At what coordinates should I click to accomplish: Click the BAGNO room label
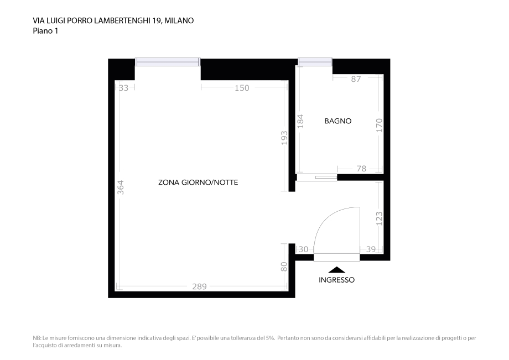click(x=338, y=121)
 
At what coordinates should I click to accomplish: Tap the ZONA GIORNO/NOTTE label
click(x=198, y=182)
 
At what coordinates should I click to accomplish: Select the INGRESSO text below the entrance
click(x=336, y=280)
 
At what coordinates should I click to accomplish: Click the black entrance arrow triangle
click(x=336, y=270)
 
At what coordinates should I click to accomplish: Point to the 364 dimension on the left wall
click(x=121, y=187)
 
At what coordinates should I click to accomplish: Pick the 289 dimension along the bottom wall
click(x=199, y=286)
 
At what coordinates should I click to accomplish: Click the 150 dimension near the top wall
click(x=242, y=87)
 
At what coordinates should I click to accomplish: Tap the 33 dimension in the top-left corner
click(x=123, y=87)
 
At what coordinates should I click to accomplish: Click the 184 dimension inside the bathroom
click(x=301, y=121)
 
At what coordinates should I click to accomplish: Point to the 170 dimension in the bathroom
click(x=379, y=124)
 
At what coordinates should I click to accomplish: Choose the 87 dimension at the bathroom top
click(x=356, y=79)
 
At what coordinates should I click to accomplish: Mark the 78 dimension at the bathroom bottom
click(x=361, y=169)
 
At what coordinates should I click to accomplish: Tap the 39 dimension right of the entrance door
click(x=371, y=249)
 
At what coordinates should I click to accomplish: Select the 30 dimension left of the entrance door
click(x=303, y=249)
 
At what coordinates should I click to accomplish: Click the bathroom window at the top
click(x=315, y=61)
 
